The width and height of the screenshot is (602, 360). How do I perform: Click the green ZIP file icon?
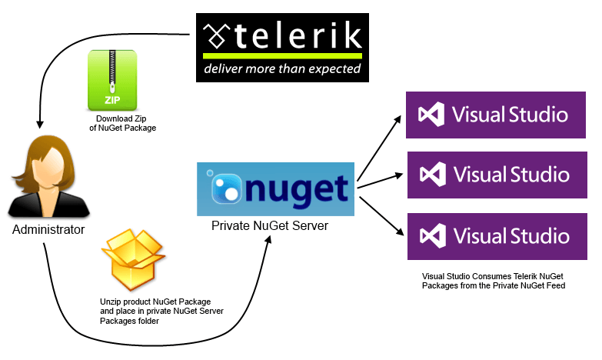112,80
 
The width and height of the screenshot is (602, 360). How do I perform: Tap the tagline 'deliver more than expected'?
281,69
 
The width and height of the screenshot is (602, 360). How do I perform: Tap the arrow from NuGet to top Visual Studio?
378,148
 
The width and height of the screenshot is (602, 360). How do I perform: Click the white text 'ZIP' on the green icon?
112,100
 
